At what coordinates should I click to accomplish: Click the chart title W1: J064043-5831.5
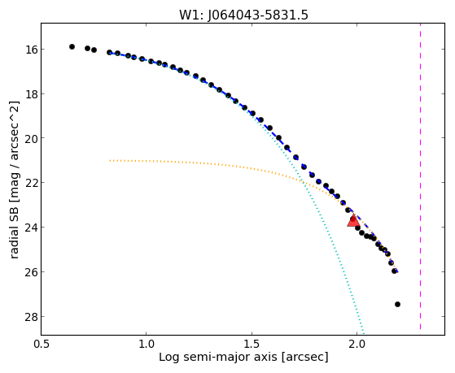point(243,15)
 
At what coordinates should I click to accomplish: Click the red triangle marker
point(353,220)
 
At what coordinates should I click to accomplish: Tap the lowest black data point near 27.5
point(397,304)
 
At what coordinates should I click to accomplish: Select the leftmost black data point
point(72,46)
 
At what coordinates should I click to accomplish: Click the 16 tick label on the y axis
point(31,50)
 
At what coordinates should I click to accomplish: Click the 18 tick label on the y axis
point(31,94)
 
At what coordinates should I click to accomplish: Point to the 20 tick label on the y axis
point(31,138)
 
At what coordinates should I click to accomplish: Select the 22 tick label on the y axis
point(31,183)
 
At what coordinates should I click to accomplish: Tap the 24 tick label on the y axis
point(31,228)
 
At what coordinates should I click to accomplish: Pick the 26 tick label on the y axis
point(31,272)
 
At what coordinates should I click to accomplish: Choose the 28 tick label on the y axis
point(31,316)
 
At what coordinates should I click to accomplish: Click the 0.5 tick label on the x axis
point(42,345)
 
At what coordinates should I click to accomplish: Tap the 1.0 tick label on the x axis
point(147,345)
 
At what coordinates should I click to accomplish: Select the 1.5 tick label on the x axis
point(252,345)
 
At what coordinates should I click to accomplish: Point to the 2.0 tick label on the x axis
point(357,345)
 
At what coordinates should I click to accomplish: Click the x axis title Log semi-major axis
point(218,357)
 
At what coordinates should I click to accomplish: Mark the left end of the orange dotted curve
point(110,160)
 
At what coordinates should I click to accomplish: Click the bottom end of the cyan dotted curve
point(363,334)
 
